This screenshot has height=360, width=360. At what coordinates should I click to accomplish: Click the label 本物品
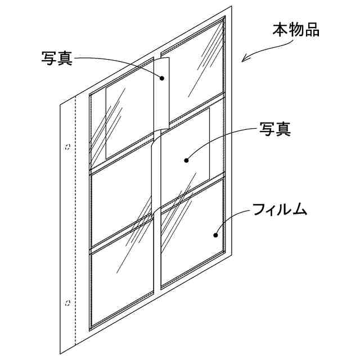pyautogui.click(x=296, y=29)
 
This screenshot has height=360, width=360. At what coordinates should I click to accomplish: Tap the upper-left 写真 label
pyautogui.click(x=57, y=58)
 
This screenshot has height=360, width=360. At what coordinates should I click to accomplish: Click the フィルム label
pyautogui.click(x=280, y=210)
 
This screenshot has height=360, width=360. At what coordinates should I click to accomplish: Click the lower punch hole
pyautogui.click(x=67, y=303)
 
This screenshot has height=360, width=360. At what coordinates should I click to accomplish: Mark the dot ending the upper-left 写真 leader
pyautogui.click(x=163, y=79)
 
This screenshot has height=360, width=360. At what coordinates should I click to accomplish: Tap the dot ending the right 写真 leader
pyautogui.click(x=186, y=160)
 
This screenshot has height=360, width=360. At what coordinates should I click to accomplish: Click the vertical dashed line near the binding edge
pyautogui.click(x=75, y=225)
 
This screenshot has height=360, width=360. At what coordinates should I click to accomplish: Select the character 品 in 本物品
pyautogui.click(x=312, y=29)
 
